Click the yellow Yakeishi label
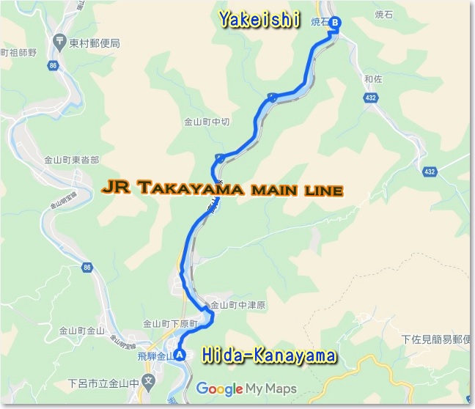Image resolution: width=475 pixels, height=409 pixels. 259,21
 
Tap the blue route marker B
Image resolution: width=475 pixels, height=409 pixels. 335,23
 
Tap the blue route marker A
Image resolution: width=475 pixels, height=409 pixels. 179,357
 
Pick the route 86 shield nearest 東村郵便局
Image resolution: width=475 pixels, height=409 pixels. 53,65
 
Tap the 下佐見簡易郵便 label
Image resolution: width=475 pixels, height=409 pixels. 437,339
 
